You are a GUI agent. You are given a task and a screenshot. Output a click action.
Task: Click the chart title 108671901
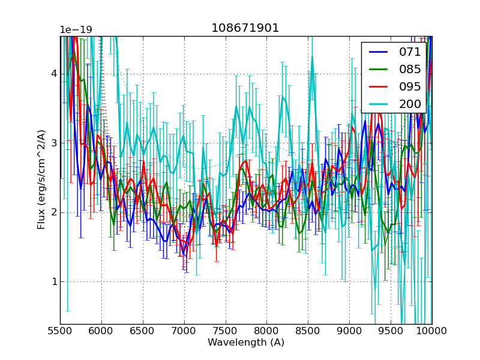[x=245, y=28]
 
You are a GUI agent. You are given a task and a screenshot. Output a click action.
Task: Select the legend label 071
[x=410, y=52]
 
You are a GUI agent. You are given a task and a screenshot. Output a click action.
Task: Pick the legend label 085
[x=410, y=69]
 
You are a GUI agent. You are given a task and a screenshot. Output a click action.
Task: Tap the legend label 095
[x=410, y=86]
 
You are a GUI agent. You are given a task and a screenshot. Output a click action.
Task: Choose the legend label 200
[x=410, y=104]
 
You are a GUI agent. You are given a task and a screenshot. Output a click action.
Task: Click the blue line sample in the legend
[x=378, y=52]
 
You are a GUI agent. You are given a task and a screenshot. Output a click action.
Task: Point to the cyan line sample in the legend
[x=378, y=104]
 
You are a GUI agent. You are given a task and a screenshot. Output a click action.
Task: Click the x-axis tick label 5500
[x=60, y=331]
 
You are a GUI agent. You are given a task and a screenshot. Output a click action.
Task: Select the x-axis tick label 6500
[x=143, y=331]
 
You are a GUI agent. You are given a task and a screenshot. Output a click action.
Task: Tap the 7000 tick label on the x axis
[x=184, y=331]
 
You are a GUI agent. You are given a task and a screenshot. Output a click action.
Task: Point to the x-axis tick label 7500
[x=226, y=331]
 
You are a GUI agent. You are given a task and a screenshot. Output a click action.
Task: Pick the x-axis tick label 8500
[x=308, y=331]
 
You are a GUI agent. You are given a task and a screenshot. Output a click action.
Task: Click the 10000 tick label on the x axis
[x=432, y=331]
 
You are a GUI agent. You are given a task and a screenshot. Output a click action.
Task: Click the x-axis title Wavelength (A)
[x=246, y=343]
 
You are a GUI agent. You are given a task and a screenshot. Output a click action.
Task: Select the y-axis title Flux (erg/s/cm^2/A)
[x=41, y=180]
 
